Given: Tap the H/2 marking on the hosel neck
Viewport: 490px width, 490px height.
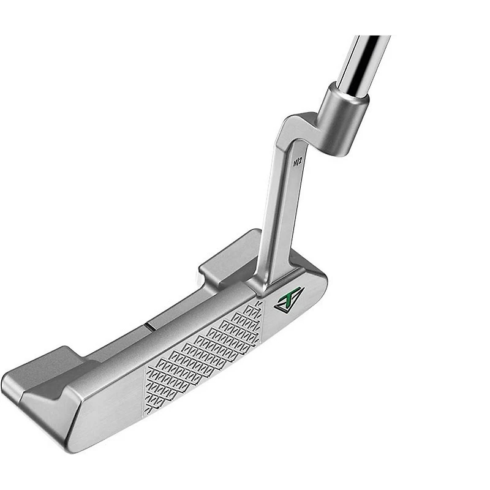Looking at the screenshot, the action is pyautogui.click(x=297, y=162).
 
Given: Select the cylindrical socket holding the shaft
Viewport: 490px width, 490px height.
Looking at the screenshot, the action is pyautogui.click(x=342, y=119).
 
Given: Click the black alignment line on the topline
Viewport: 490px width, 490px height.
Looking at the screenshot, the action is pyautogui.click(x=149, y=326).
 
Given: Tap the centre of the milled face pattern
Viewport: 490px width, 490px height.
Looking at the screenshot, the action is pyautogui.click(x=203, y=356).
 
